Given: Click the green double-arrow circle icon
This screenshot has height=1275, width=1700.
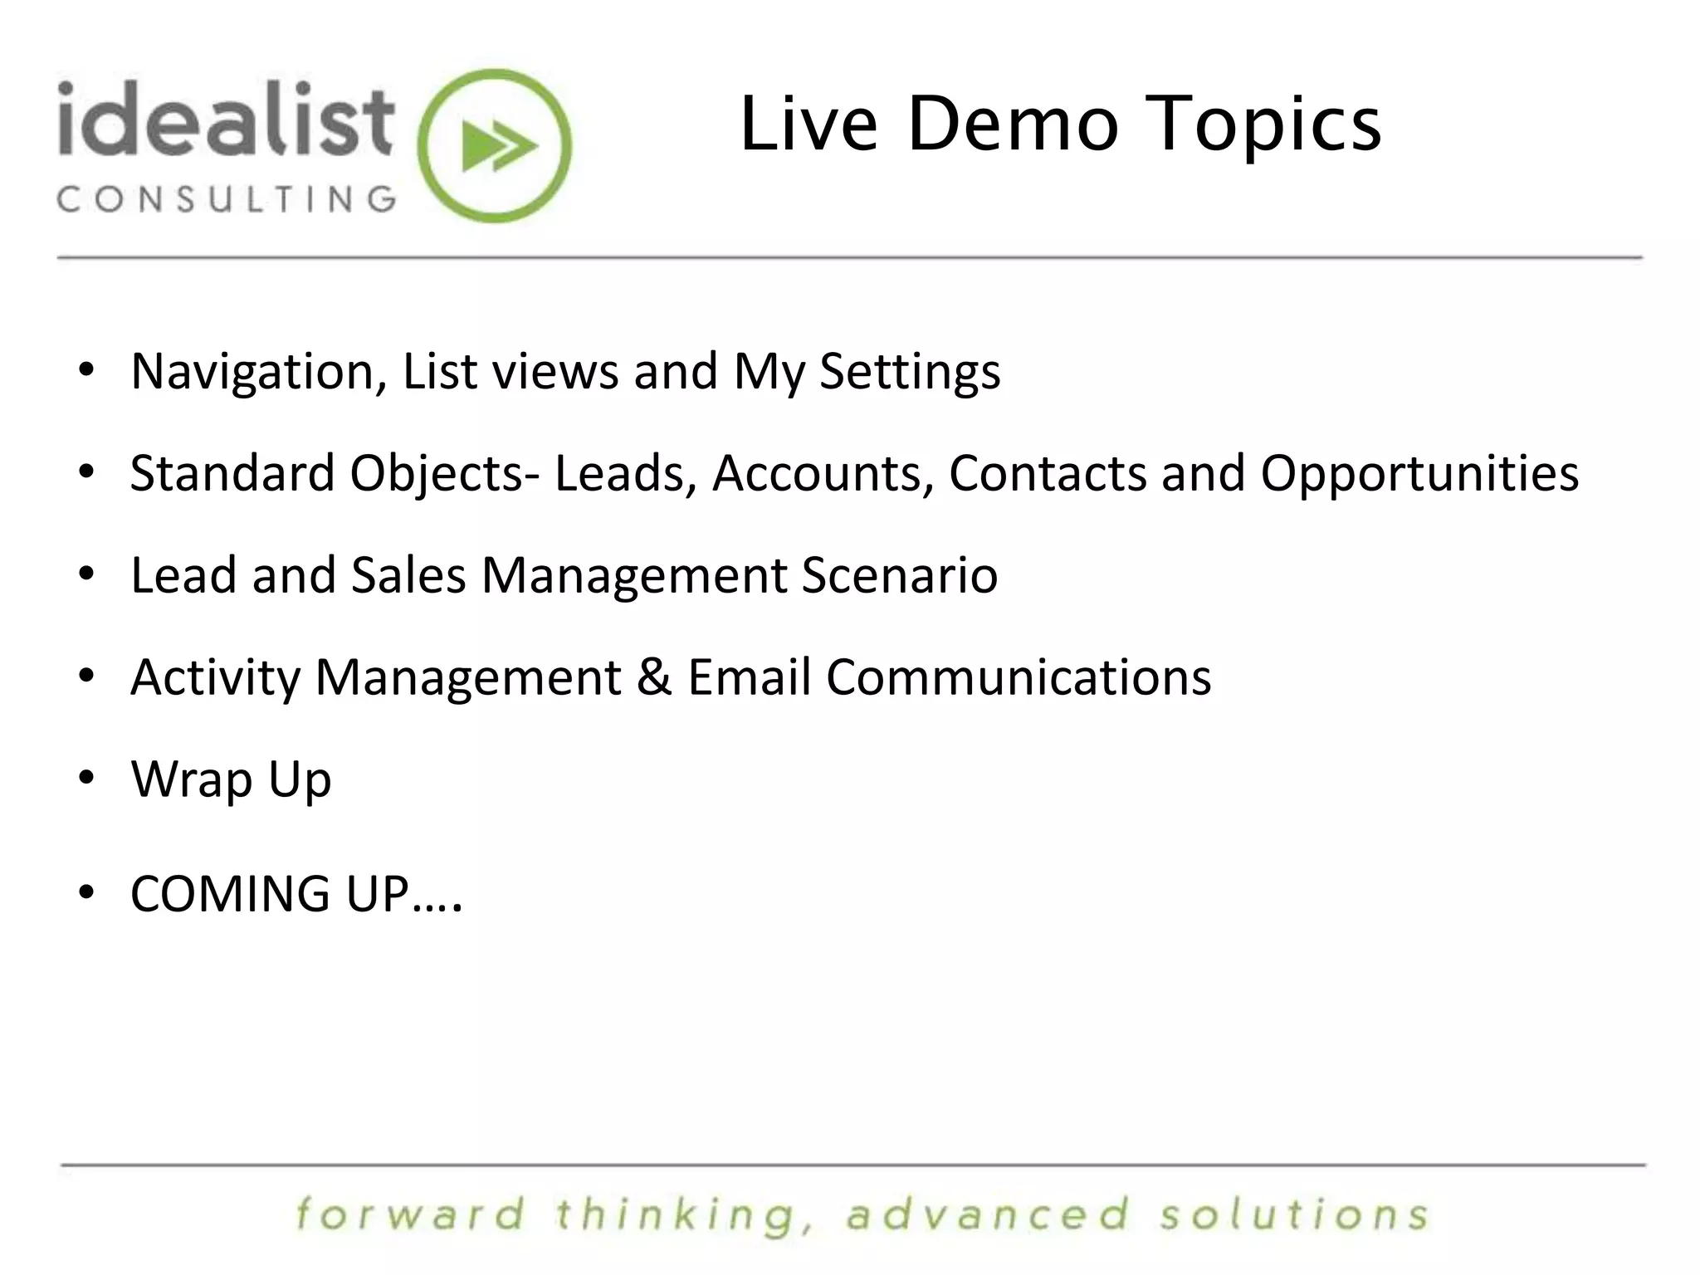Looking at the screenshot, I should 495,146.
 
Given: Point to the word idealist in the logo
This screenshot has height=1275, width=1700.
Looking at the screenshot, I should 225,120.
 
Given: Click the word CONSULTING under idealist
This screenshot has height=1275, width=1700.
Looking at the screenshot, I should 227,199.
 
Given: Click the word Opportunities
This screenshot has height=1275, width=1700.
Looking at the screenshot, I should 1419,474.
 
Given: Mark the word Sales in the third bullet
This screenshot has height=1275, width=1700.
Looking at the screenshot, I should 408,575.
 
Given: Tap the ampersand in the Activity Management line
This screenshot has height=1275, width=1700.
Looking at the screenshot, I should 654,677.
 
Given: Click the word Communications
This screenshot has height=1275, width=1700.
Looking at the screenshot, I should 1019,677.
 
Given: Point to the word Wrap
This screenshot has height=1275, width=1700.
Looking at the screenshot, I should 192,780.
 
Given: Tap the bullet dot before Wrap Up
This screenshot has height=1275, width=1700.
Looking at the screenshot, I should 86,779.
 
